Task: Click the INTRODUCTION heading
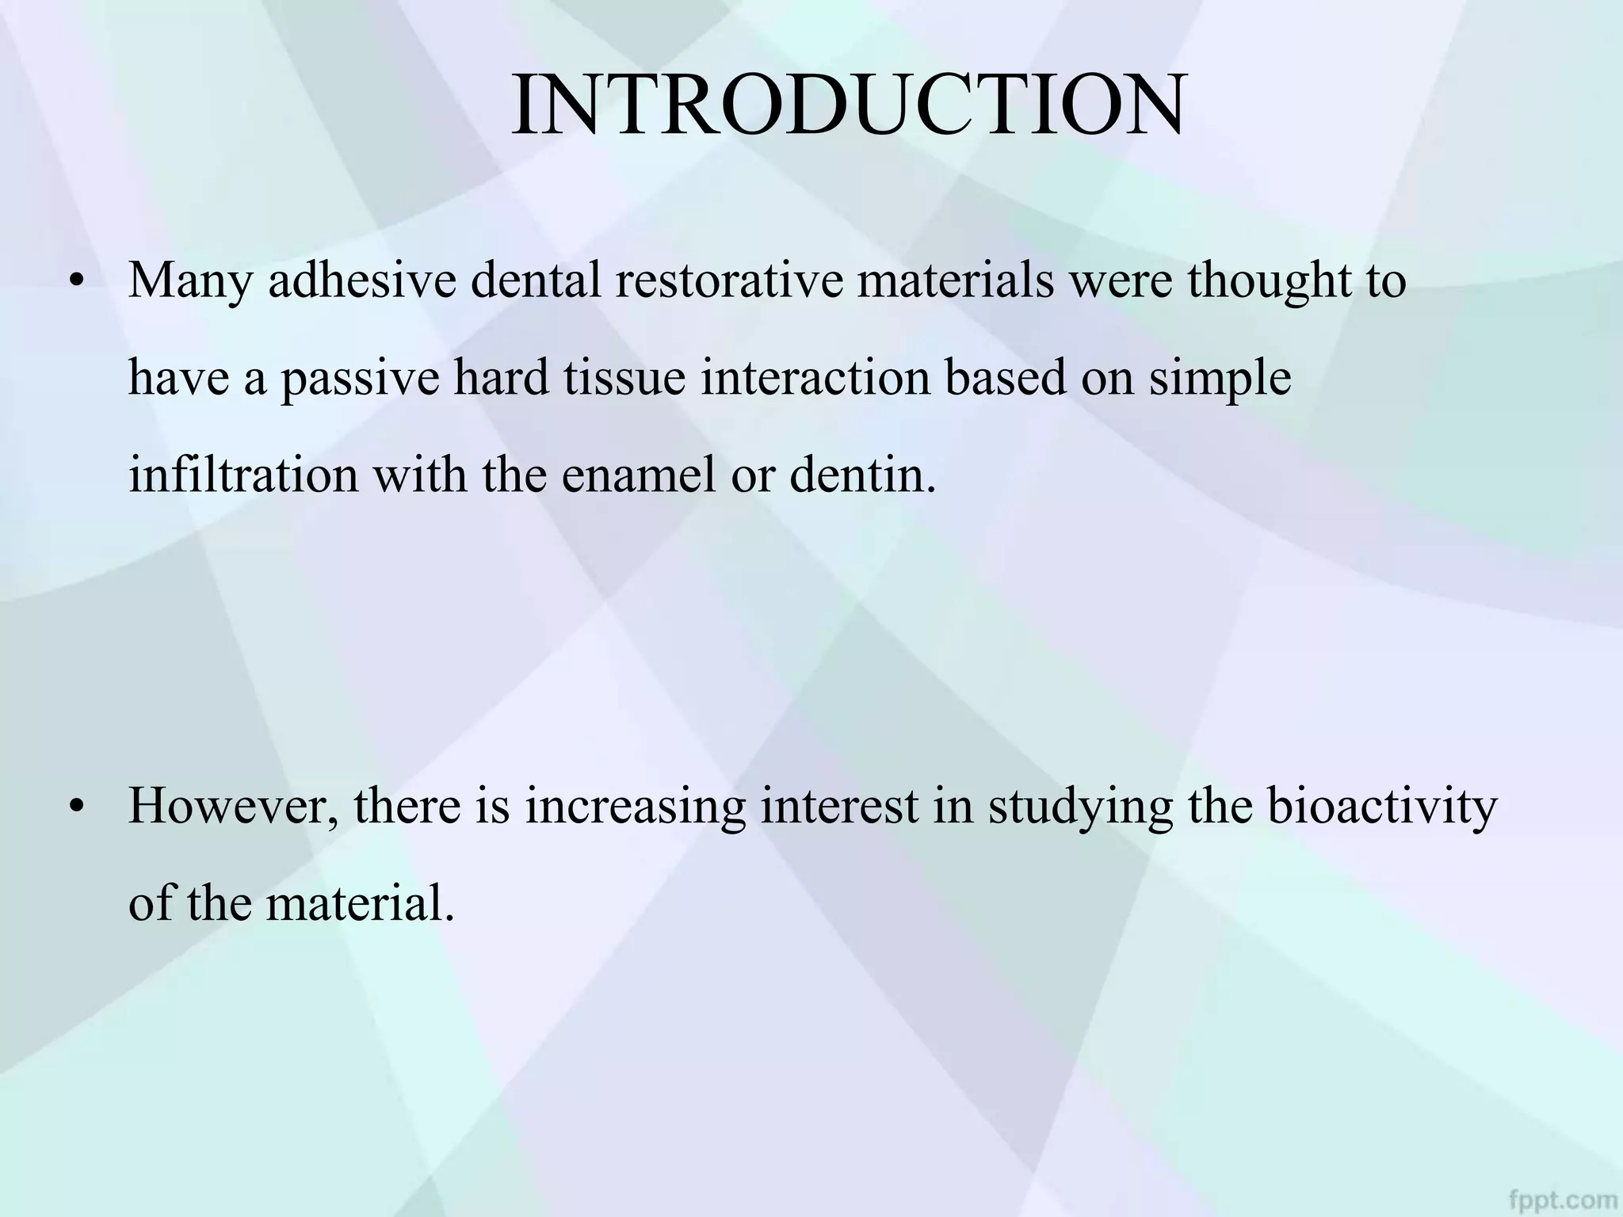848,106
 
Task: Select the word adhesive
362,280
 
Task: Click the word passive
360,379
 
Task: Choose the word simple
1220,379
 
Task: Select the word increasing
635,808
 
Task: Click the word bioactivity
1382,808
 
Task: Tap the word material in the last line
360,903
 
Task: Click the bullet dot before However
76,808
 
